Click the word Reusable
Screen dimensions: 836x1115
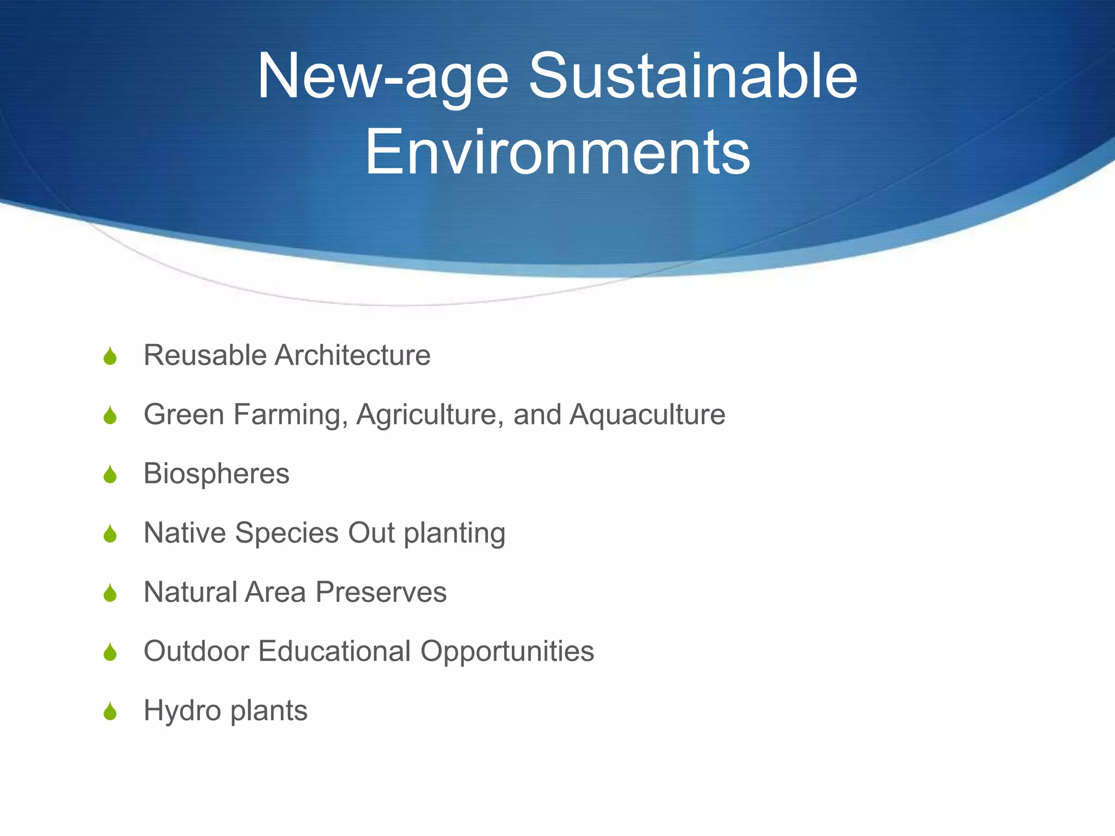[x=205, y=355]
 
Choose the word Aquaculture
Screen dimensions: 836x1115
[x=647, y=415]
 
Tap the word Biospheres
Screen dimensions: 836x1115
[x=216, y=474]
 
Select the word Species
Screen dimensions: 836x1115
[x=287, y=533]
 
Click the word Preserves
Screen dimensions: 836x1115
[x=381, y=592]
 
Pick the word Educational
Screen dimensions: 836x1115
[x=334, y=651]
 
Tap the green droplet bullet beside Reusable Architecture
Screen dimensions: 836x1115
[x=110, y=356]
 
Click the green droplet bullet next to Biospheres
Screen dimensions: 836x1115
[x=110, y=475]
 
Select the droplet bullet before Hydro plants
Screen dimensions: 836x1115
[x=110, y=711]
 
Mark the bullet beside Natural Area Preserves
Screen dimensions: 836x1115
[x=110, y=593]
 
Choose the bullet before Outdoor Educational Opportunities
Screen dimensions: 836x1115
[x=110, y=652]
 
